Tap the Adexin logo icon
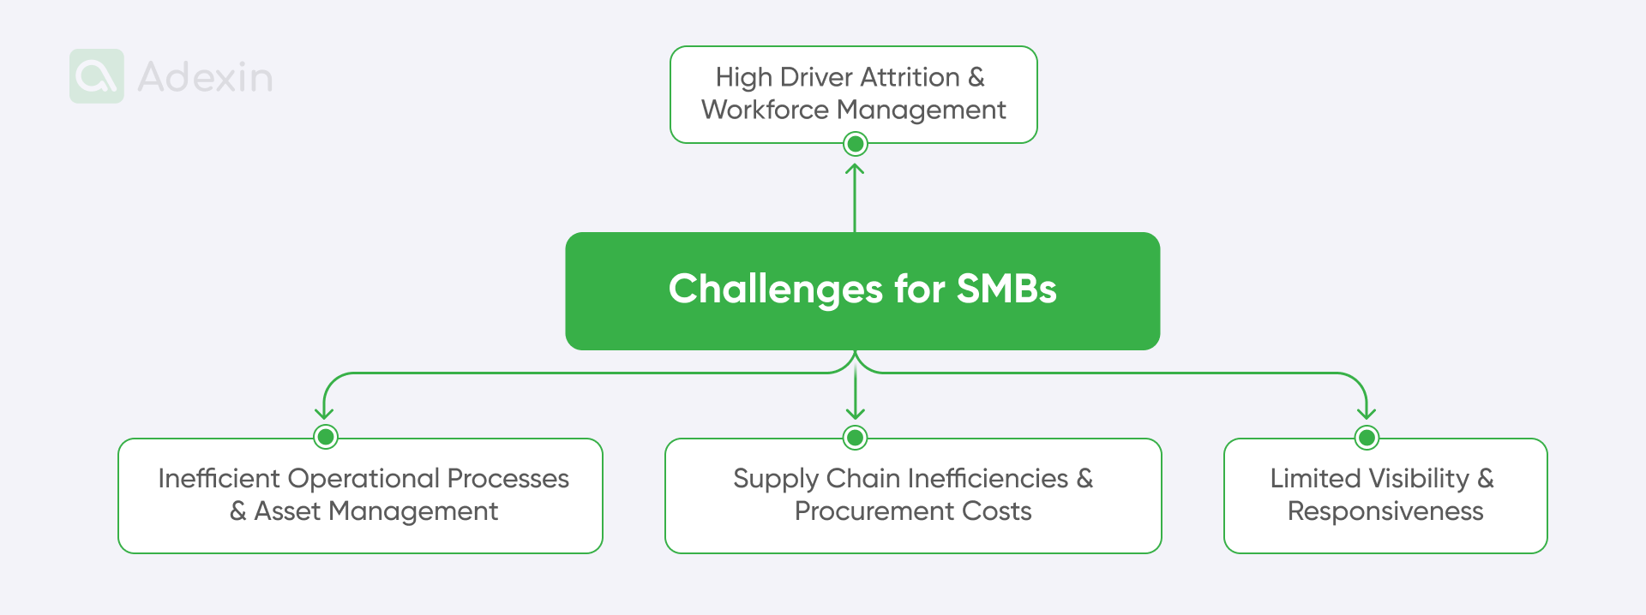[97, 76]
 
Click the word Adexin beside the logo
[205, 77]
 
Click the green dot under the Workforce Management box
[855, 144]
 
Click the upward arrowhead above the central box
[855, 169]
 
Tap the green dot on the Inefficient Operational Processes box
[325, 437]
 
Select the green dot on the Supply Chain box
[855, 438]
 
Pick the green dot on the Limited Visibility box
[1367, 438]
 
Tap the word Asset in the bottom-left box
[286, 511]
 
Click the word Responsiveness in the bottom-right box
[1385, 511]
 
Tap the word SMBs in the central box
[1006, 289]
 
